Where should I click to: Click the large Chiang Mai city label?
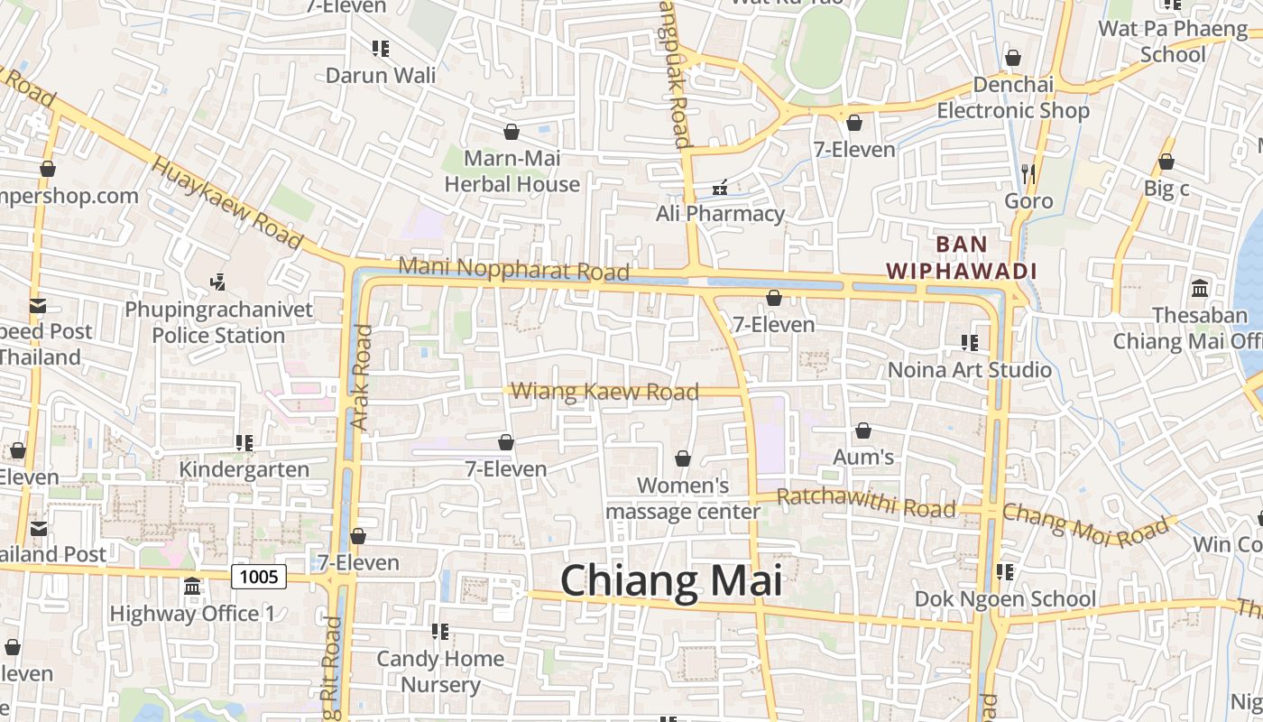coord(671,580)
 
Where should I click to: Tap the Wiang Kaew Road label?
coord(604,392)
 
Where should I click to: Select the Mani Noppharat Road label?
coord(513,269)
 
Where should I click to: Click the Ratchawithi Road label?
coord(865,503)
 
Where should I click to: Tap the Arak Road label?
coord(361,377)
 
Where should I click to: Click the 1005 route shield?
coord(259,576)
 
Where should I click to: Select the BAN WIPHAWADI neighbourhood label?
coord(962,257)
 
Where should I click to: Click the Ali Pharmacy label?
coord(720,214)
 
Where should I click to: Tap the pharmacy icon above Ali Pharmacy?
coord(720,188)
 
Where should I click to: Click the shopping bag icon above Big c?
coord(1166,162)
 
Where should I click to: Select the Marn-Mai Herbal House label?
coord(512,171)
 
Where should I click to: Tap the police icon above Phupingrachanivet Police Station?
coord(217,282)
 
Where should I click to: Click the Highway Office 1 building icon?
coord(192,588)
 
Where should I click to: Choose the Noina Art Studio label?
coord(970,370)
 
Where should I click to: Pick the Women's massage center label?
coord(683,498)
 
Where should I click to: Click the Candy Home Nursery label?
coord(440,671)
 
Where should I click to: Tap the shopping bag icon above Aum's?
coord(863,430)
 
